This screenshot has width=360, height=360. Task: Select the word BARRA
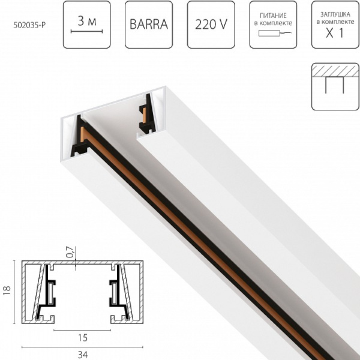pyautogui.click(x=149, y=26)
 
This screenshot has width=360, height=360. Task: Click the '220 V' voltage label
pyautogui.click(x=211, y=26)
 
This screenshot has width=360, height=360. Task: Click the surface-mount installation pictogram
pyautogui.click(x=335, y=86)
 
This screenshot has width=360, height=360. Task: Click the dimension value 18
pyautogui.click(x=8, y=290)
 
